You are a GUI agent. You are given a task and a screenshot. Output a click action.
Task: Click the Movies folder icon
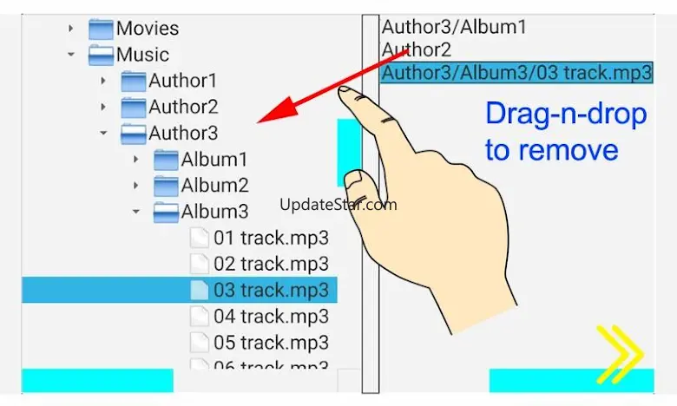coord(102,29)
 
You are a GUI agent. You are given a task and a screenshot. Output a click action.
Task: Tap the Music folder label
coord(142,55)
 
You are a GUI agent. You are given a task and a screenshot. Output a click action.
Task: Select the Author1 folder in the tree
coord(182,82)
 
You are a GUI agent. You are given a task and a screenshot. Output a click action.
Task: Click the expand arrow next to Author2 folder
coord(103,108)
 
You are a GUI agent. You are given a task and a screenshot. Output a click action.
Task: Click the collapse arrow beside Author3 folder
coord(103,134)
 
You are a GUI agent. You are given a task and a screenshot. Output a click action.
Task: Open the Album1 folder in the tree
coord(214,160)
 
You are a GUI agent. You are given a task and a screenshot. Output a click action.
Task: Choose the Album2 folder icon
coord(167,186)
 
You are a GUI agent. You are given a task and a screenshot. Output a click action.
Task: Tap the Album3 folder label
coord(214,211)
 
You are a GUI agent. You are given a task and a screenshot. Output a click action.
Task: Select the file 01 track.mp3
coord(271,238)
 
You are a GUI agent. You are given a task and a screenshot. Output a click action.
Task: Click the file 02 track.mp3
coord(271,264)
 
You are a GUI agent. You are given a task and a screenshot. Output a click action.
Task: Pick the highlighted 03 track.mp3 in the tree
coord(271,290)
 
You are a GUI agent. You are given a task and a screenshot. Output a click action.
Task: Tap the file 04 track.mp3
coord(271,316)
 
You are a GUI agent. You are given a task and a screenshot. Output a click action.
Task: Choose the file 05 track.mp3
coord(271,342)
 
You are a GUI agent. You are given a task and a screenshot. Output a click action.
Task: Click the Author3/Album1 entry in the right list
coord(454,27)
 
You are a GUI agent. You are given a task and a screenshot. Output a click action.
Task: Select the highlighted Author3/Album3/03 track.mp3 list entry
coord(516,73)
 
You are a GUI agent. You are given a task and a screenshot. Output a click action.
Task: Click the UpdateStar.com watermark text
coord(338,205)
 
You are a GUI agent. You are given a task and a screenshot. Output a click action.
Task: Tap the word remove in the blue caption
coord(551,150)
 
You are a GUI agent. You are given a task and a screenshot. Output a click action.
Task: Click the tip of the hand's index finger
coord(345,89)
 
